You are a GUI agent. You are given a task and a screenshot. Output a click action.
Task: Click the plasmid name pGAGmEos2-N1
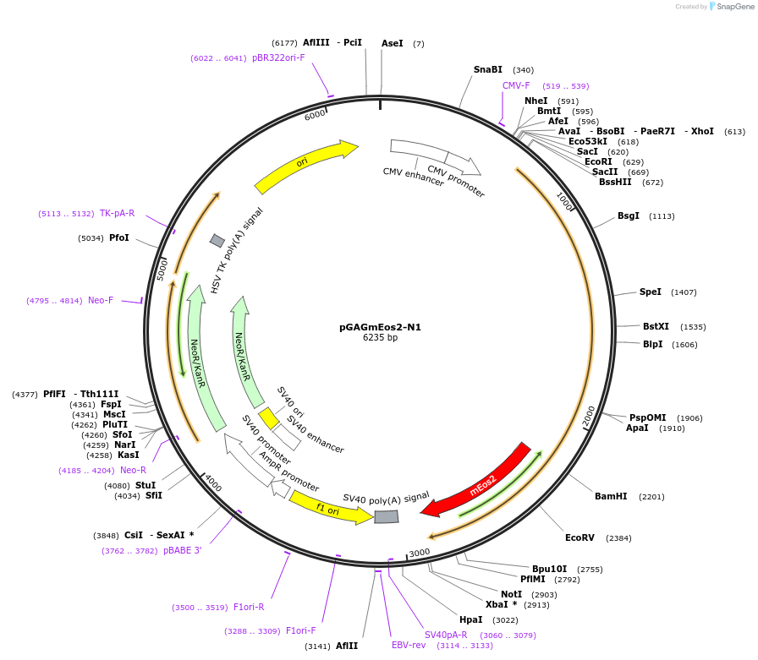pyautogui.click(x=380, y=327)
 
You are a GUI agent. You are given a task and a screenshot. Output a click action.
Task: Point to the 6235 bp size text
pyautogui.click(x=380, y=338)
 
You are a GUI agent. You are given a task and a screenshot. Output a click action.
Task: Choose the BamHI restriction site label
pyautogui.click(x=611, y=496)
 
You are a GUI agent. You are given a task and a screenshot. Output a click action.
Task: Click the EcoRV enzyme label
pyautogui.click(x=580, y=537)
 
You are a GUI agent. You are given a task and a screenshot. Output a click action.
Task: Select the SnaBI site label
pyautogui.click(x=488, y=69)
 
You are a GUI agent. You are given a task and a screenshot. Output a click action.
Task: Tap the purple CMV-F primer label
pyautogui.click(x=516, y=85)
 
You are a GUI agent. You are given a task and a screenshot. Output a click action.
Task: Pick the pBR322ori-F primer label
pyautogui.click(x=278, y=57)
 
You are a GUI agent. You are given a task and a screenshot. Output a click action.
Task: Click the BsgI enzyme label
pyautogui.click(x=629, y=215)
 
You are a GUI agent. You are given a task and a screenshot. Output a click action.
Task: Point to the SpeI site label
pyautogui.click(x=651, y=292)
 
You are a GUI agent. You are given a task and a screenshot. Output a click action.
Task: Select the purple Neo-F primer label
pyautogui.click(x=101, y=300)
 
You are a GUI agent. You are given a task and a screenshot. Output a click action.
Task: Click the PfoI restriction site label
pyautogui.click(x=119, y=237)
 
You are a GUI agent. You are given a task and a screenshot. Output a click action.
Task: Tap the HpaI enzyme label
pyautogui.click(x=471, y=619)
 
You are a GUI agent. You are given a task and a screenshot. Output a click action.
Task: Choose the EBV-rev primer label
pyautogui.click(x=409, y=645)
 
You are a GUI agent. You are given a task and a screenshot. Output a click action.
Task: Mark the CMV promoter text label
pyautogui.click(x=456, y=182)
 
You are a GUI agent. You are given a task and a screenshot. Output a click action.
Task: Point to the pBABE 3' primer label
pyautogui.click(x=183, y=550)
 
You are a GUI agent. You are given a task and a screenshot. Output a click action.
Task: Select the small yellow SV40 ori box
pyautogui.click(x=269, y=418)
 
